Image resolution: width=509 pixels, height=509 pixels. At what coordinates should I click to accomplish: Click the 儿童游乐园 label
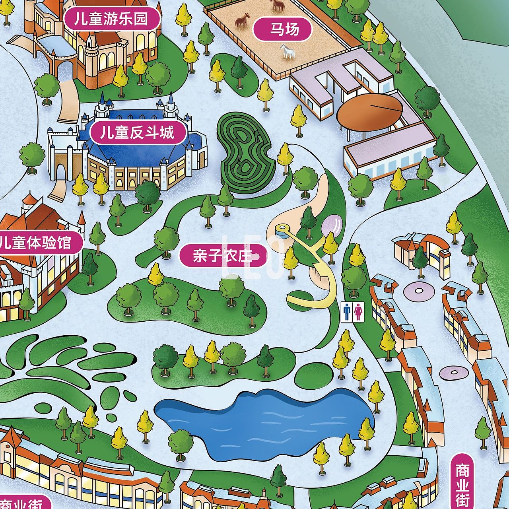112,19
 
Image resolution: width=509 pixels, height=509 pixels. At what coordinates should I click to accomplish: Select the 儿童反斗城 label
137,132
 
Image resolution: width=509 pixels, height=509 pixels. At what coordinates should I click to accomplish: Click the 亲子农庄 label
223,256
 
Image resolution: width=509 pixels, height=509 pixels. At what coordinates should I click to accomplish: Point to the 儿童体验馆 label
38,242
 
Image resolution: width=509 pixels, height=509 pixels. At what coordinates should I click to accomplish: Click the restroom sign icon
353,311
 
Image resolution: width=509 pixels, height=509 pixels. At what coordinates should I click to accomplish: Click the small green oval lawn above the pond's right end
314,374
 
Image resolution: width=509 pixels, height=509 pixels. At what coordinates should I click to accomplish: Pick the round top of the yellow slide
282,229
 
